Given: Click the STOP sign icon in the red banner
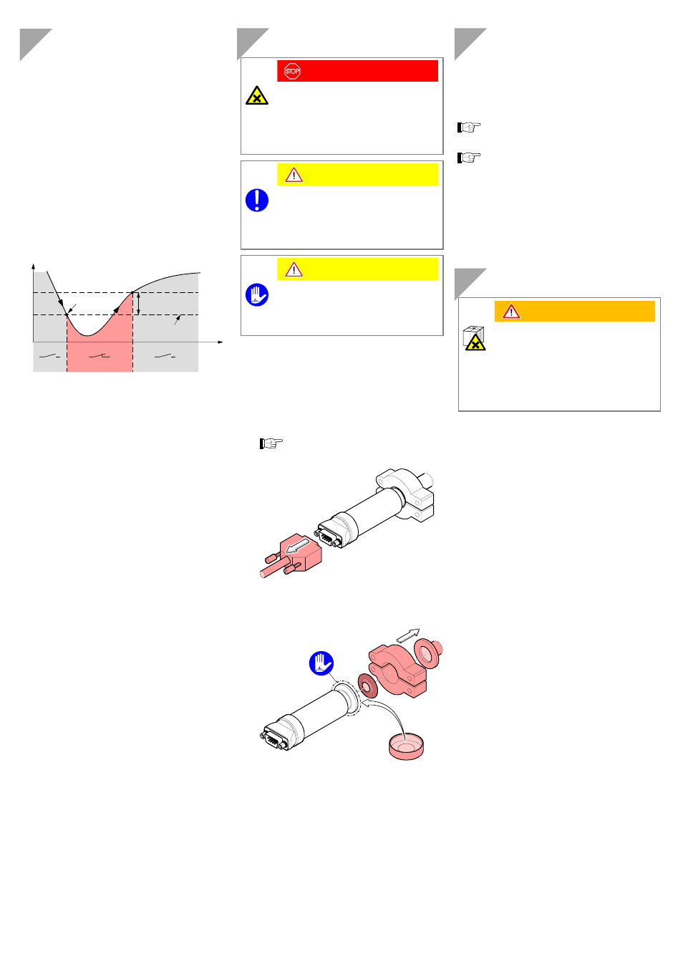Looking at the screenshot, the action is click(x=292, y=71).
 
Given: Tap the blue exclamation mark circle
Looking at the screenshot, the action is click(x=257, y=201).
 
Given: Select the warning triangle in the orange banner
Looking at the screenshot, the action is click(x=511, y=312).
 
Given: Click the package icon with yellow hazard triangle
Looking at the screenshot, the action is click(x=475, y=338).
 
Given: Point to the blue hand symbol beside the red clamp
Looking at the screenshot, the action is click(x=321, y=663).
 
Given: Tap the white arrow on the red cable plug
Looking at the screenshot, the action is click(x=298, y=546).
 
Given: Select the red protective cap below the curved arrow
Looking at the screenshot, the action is click(x=406, y=747).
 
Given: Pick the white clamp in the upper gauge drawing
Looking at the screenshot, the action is click(x=405, y=494).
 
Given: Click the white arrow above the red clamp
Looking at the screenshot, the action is click(x=408, y=635).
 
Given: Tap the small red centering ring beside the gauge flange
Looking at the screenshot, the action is click(x=368, y=685).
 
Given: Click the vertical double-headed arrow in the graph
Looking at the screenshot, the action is click(x=138, y=304).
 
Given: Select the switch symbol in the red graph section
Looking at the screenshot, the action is click(x=100, y=356).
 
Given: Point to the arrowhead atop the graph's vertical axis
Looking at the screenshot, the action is click(x=33, y=266).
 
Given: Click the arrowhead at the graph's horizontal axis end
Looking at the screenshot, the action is click(x=220, y=342).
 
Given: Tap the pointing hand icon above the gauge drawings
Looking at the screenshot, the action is click(x=271, y=443).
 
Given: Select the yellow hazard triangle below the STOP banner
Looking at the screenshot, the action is click(x=257, y=95).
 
